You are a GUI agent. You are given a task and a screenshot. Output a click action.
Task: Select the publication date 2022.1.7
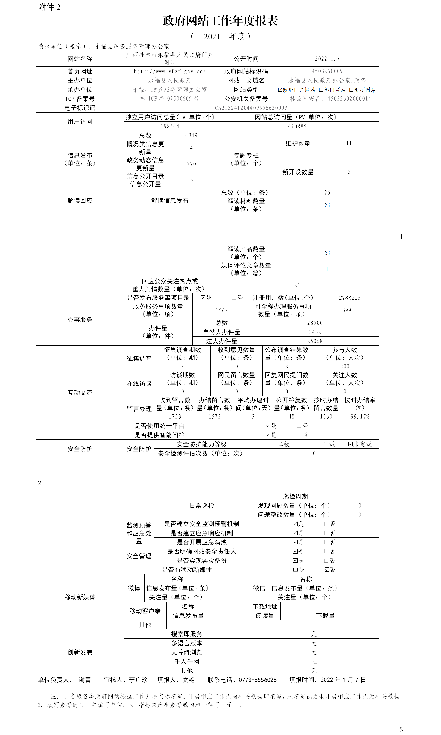click(327, 59)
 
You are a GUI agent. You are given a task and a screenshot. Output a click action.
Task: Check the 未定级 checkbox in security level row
click(350, 444)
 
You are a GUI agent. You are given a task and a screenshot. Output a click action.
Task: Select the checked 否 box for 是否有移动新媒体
click(327, 570)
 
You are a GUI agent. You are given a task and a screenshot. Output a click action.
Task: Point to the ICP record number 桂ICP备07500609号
click(170, 99)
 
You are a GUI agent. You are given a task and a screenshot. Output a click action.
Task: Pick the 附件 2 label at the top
click(49, 7)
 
